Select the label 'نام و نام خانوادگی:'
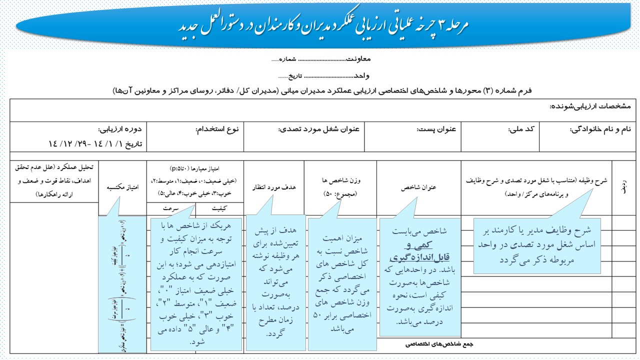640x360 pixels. (x=600, y=129)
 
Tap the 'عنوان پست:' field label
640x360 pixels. (x=436, y=129)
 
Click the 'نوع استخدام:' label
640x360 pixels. (x=218, y=129)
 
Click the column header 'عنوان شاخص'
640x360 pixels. (x=419, y=187)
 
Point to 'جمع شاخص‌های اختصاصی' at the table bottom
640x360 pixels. (x=439, y=344)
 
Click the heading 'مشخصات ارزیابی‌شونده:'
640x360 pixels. (x=590, y=106)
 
